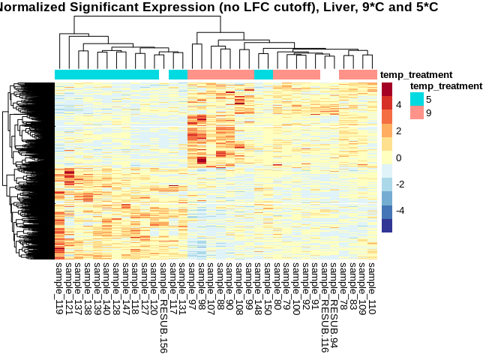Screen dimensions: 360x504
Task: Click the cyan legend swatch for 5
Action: pyautogui.click(x=416, y=99)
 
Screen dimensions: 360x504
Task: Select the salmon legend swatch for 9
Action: pyautogui.click(x=416, y=112)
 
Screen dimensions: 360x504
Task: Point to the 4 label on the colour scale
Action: pyautogui.click(x=400, y=105)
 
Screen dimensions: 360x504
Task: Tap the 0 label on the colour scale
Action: pyautogui.click(x=400, y=157)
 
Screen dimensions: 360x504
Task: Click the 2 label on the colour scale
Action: pyautogui.click(x=400, y=131)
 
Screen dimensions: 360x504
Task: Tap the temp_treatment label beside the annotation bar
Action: pyautogui.click(x=416, y=75)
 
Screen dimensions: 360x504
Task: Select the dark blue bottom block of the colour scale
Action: pyautogui.click(x=387, y=226)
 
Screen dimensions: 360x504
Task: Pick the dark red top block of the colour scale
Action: pyautogui.click(x=387, y=89)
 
